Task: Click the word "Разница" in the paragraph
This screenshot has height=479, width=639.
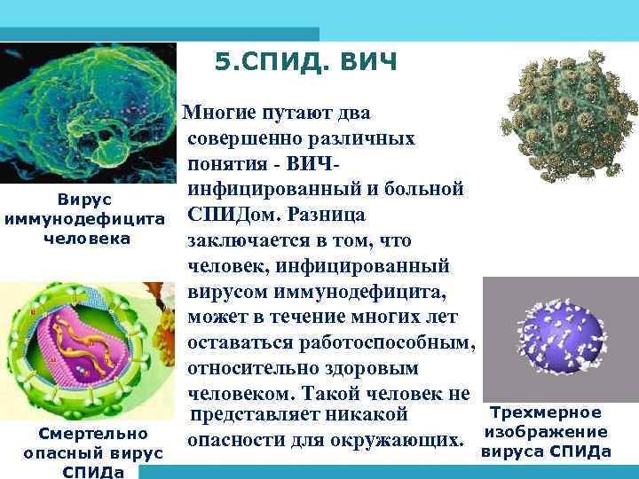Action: [x=324, y=215]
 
